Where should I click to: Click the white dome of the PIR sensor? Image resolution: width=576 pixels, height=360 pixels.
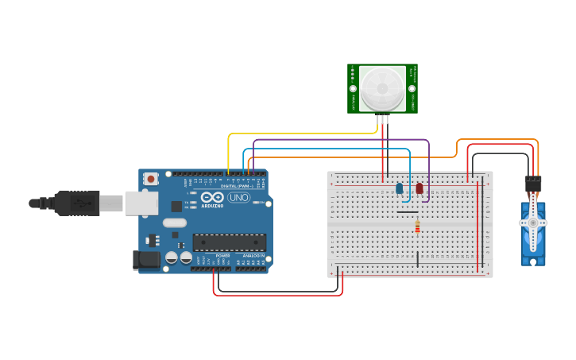point(381,88)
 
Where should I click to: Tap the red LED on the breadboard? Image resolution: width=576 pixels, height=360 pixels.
point(419,188)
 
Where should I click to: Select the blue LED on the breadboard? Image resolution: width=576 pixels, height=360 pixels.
point(399,188)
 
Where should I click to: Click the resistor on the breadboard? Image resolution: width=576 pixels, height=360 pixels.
point(417,228)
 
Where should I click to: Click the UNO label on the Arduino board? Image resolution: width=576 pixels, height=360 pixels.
point(238,197)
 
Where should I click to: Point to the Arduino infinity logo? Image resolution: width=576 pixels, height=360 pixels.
point(212,196)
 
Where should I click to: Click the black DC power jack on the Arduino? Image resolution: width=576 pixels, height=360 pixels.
point(146,259)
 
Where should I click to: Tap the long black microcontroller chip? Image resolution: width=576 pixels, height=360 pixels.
point(229,242)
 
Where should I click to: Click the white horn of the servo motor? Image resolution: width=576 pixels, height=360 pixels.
point(533,223)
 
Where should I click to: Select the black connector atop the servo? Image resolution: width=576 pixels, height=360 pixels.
point(532,184)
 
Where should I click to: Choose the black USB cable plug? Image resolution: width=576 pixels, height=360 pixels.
point(77,203)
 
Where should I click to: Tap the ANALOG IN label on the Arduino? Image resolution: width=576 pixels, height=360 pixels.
point(253,255)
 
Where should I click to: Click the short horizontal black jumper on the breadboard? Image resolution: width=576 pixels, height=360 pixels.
point(407,212)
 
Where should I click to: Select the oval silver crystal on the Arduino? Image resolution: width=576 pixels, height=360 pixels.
point(175,223)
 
